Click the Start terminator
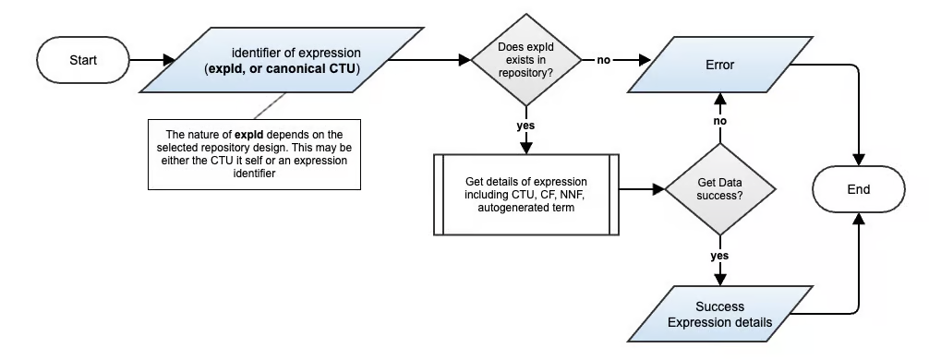tap(83, 60)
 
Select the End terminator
tap(858, 189)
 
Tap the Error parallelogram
tap(720, 65)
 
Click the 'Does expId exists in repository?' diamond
tap(526, 60)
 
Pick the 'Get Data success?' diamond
tap(720, 189)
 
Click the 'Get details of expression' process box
tap(526, 194)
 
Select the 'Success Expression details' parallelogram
tap(720, 315)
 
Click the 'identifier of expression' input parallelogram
tap(282, 60)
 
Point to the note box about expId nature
tap(254, 154)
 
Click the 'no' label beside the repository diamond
tap(604, 60)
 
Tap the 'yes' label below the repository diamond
tap(525, 126)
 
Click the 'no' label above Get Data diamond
tap(720, 121)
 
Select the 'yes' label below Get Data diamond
tap(720, 256)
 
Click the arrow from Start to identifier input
tap(152, 60)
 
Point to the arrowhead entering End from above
tap(858, 160)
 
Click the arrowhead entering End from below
tap(858, 219)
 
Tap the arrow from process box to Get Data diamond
tap(642, 189)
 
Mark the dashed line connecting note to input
tap(271, 106)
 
